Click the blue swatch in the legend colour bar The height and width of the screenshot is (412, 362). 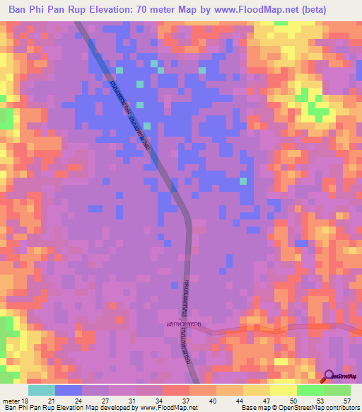68,390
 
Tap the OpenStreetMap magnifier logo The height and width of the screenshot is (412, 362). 329,376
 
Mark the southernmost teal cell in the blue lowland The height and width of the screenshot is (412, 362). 244,181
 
